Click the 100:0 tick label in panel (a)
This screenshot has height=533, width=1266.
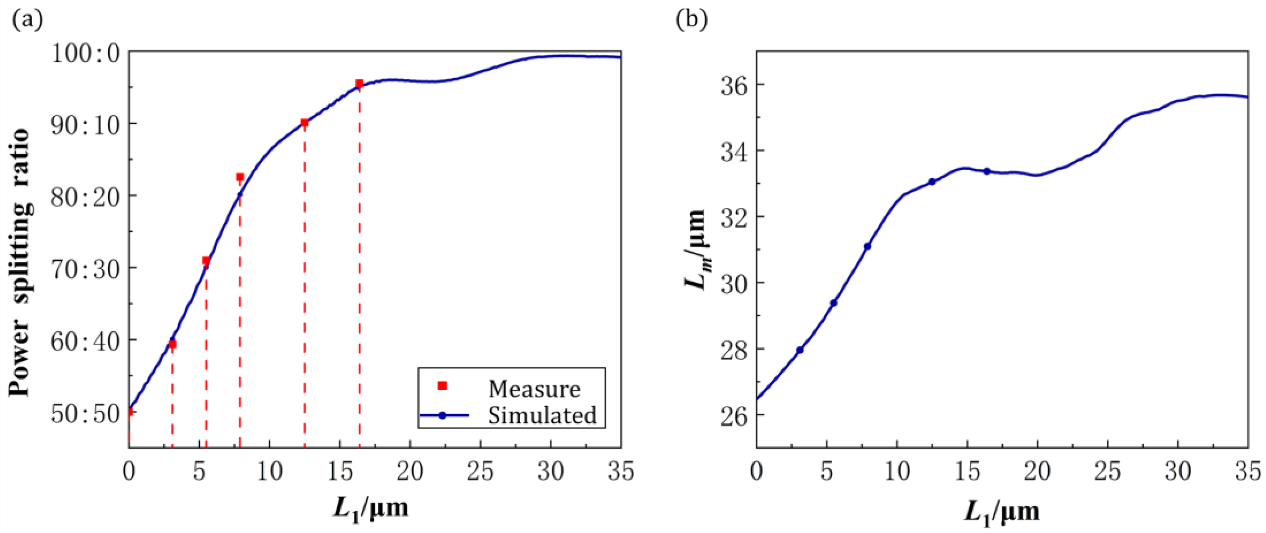[86, 53]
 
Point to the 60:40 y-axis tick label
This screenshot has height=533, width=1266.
[86, 342]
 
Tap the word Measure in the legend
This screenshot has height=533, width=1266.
[534, 389]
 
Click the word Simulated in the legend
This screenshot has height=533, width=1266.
[542, 416]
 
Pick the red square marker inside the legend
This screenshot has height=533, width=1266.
[442, 386]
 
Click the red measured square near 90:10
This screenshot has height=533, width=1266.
[305, 123]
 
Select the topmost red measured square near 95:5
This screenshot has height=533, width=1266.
[359, 84]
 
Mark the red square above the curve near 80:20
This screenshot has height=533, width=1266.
[240, 177]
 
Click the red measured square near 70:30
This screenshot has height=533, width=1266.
[206, 261]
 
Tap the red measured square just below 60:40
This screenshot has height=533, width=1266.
[172, 344]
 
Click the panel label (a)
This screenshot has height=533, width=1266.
[27, 21]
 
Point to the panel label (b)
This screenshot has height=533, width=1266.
[691, 21]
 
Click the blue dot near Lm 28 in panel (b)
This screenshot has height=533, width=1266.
[800, 350]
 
